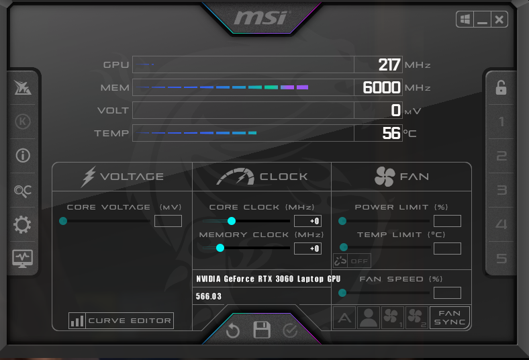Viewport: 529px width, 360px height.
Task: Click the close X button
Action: pyautogui.click(x=499, y=19)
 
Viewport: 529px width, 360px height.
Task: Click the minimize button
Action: pyautogui.click(x=482, y=19)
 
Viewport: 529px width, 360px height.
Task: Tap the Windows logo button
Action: pyautogui.click(x=465, y=19)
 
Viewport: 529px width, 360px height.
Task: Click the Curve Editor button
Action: pyautogui.click(x=121, y=320)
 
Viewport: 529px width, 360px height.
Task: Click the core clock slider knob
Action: pyautogui.click(x=232, y=221)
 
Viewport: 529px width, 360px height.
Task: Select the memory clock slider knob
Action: pyautogui.click(x=220, y=248)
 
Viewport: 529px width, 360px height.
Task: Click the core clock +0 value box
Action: pyautogui.click(x=307, y=221)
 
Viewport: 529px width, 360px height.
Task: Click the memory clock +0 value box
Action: pyautogui.click(x=307, y=249)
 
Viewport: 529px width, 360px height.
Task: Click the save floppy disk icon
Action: pyautogui.click(x=262, y=330)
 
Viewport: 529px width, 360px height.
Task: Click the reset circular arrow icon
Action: pyautogui.click(x=233, y=330)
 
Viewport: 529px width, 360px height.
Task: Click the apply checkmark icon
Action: pyautogui.click(x=290, y=331)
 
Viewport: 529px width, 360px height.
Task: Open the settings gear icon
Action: pyautogui.click(x=23, y=224)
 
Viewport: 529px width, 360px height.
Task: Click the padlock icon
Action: pyautogui.click(x=501, y=88)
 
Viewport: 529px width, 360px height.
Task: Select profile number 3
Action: pyautogui.click(x=501, y=190)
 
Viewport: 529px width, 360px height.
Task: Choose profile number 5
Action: pyautogui.click(x=501, y=259)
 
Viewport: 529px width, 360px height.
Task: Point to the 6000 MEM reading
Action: pyautogui.click(x=381, y=87)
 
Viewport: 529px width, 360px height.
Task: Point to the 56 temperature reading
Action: pyautogui.click(x=391, y=133)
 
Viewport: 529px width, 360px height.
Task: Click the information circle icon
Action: pyautogui.click(x=23, y=156)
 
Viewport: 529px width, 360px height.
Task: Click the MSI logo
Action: pyautogui.click(x=262, y=17)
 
